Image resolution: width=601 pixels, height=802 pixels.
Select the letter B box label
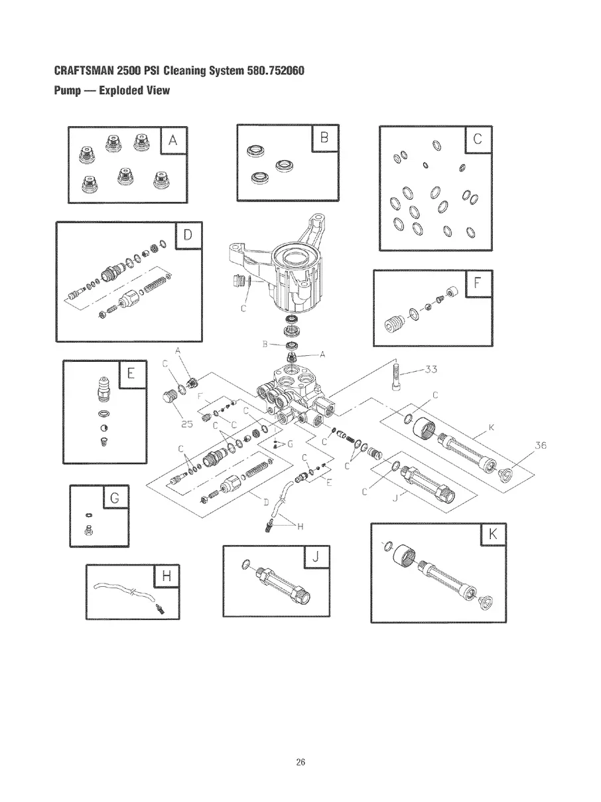324,138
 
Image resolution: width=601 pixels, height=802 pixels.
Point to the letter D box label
188,234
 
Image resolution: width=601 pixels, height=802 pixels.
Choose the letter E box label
131,374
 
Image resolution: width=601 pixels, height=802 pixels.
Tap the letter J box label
316,558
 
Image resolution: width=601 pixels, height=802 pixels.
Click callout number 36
539,445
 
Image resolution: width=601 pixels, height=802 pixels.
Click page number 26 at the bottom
300,762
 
